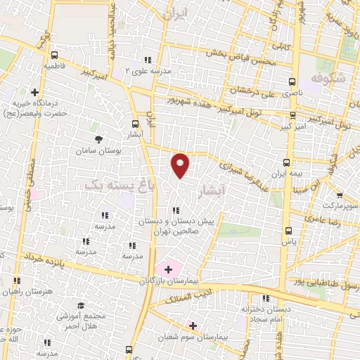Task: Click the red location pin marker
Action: (181, 165)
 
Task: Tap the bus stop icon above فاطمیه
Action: (55, 55)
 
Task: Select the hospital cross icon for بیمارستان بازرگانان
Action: (168, 269)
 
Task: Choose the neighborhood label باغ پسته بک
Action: (108, 184)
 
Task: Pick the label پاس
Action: (288, 241)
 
